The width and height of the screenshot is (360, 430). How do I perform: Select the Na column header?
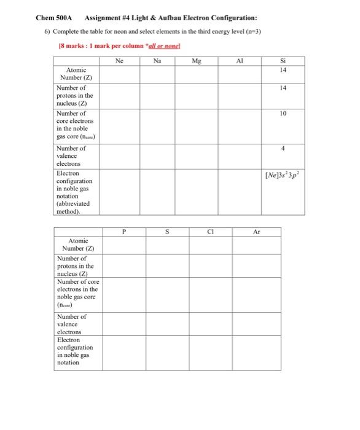coord(158,61)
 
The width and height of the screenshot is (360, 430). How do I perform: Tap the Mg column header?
coord(196,61)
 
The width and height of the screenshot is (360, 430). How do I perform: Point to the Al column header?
coord(240,61)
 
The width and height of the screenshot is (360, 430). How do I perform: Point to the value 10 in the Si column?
coord(283,114)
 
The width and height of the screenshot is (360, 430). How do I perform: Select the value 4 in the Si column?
coord(283,149)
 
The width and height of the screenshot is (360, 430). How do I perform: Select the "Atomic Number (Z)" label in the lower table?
coord(78,244)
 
